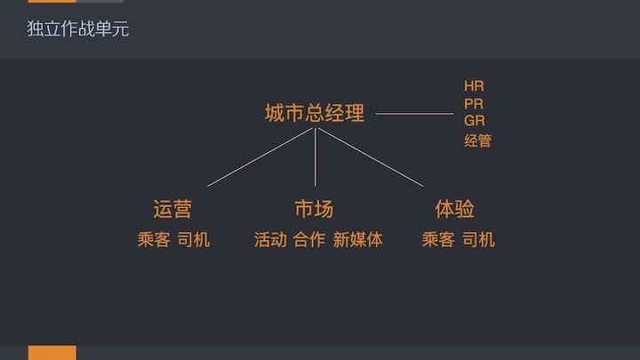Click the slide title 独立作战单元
click(x=77, y=29)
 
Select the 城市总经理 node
click(x=315, y=114)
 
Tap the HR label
click(x=474, y=86)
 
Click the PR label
click(x=474, y=103)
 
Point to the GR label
click(x=475, y=120)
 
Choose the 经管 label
click(x=477, y=140)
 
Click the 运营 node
click(x=172, y=209)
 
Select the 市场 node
click(x=314, y=209)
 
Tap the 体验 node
click(x=454, y=209)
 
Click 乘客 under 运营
click(x=153, y=239)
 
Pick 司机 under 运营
click(x=194, y=239)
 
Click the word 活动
click(x=270, y=239)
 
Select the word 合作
click(x=309, y=239)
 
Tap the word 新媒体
click(x=358, y=239)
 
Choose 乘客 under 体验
click(x=438, y=239)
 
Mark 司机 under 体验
click(x=479, y=239)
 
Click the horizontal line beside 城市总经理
click(x=414, y=114)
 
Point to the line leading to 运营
click(x=261, y=156)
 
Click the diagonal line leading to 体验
click(x=369, y=156)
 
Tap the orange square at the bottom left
click(x=52, y=353)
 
